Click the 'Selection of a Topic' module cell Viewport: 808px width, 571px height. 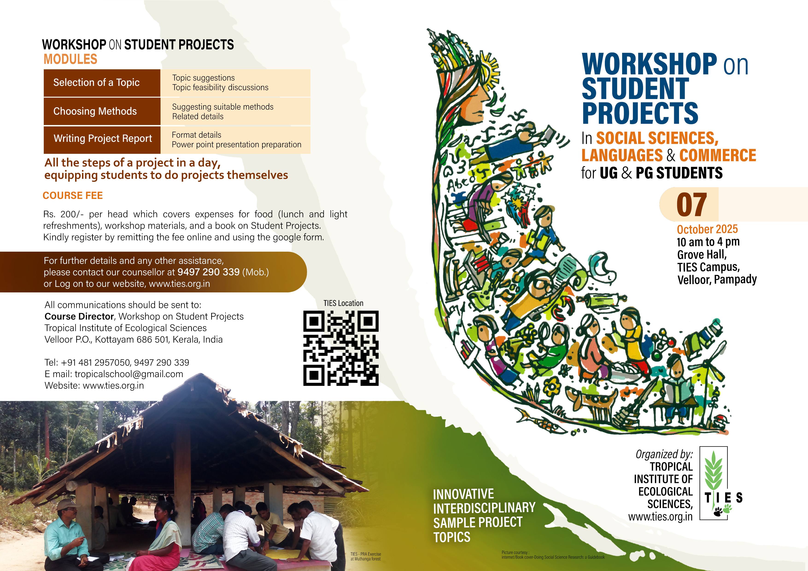coord(102,83)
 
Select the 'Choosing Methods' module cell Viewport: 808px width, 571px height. coord(102,111)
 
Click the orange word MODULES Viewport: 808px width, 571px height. coord(70,59)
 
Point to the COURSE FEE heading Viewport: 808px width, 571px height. coord(73,196)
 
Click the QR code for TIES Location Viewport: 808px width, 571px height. coord(341,348)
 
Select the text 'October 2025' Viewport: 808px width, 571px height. coord(707,229)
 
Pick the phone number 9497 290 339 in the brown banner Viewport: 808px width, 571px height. coord(208,272)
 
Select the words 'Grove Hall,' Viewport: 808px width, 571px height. coord(702,254)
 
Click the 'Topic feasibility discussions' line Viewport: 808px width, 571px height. coord(220,87)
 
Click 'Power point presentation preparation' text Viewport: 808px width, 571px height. coord(237,145)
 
